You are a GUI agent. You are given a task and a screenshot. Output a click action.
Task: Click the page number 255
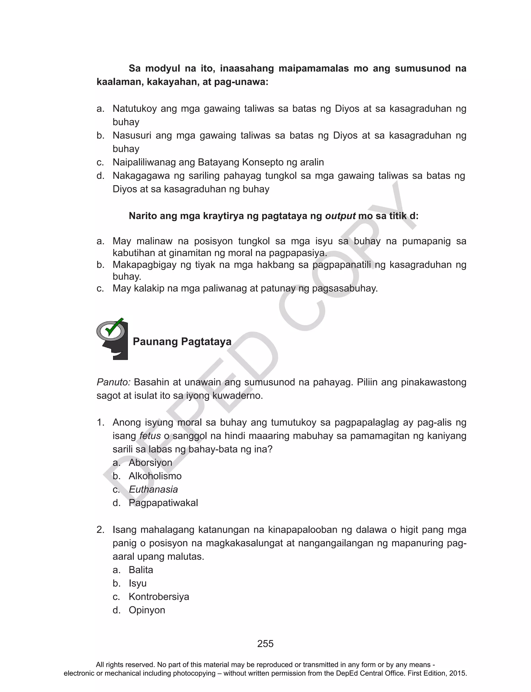pyautogui.click(x=265, y=644)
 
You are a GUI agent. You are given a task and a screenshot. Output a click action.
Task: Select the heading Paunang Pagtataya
pyautogui.click(x=182, y=341)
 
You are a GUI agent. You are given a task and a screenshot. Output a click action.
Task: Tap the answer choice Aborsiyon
pyautogui.click(x=150, y=463)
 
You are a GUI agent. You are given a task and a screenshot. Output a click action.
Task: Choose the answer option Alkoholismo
pyautogui.click(x=155, y=476)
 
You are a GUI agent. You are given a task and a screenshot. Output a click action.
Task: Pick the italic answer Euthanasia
pyautogui.click(x=153, y=490)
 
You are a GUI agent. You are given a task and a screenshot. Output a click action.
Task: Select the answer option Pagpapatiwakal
pyautogui.click(x=163, y=503)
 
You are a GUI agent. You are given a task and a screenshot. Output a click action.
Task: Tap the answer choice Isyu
pyautogui.click(x=137, y=583)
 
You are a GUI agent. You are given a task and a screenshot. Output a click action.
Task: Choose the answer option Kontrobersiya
pyautogui.click(x=159, y=597)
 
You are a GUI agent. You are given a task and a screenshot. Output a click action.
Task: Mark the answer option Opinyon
pyautogui.click(x=147, y=610)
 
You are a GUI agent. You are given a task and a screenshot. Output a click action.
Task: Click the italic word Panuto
pyautogui.click(x=113, y=382)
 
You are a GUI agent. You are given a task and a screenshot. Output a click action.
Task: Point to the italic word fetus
pyautogui.click(x=150, y=436)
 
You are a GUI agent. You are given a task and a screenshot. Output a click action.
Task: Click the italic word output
pyautogui.click(x=340, y=216)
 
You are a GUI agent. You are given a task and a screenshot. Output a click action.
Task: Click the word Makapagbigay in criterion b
pyautogui.click(x=144, y=265)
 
